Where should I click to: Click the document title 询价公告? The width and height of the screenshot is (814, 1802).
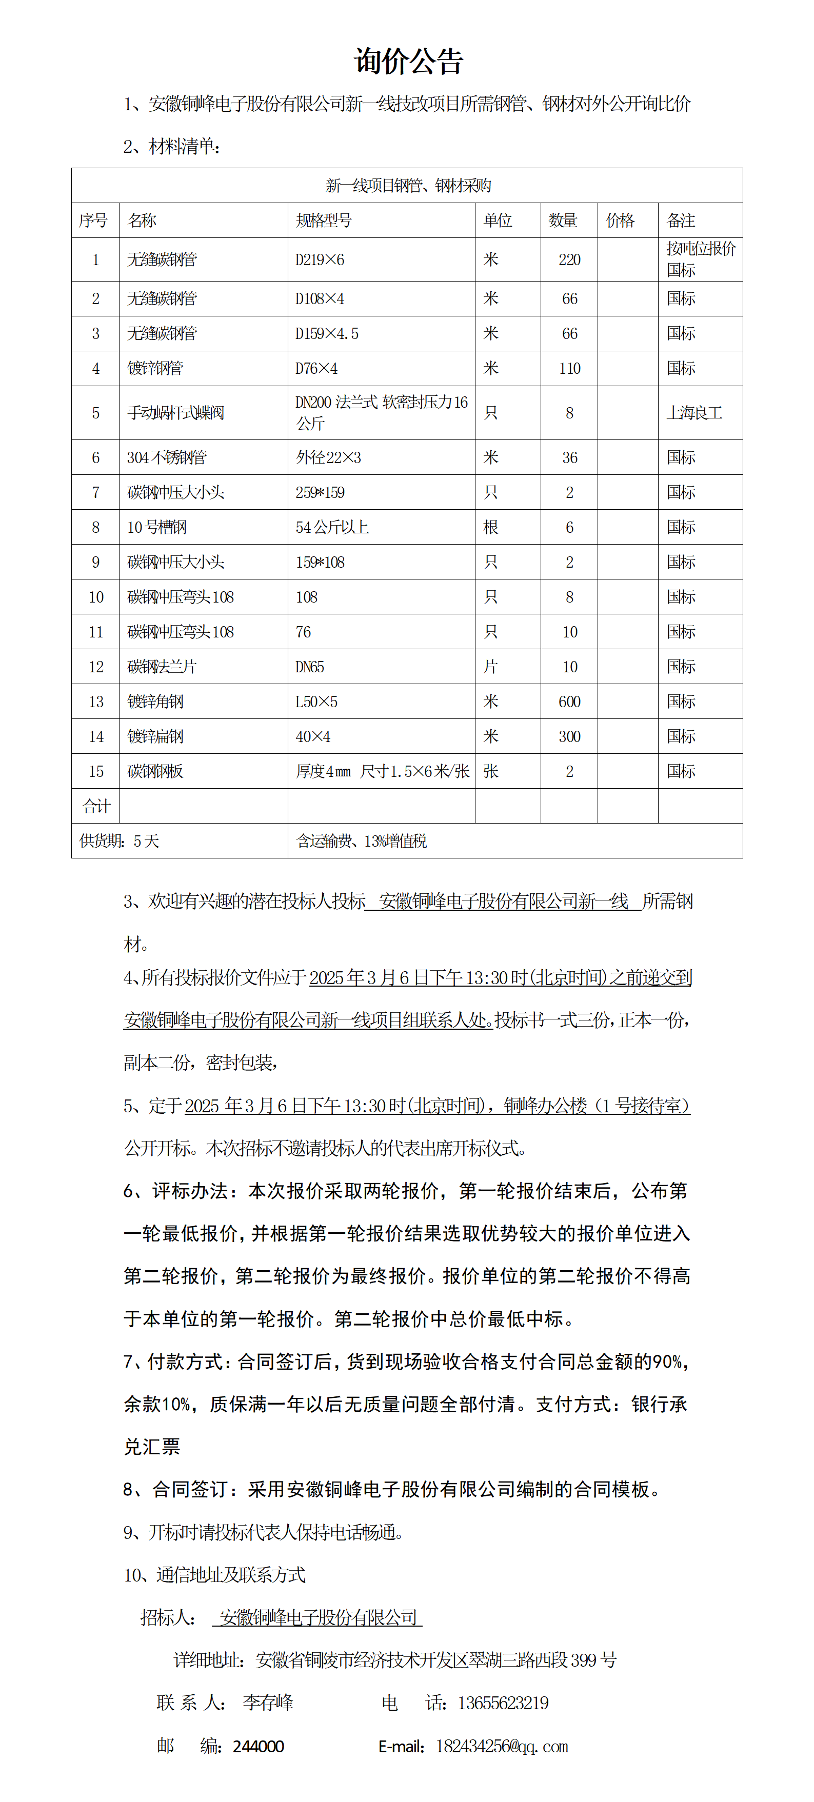tap(408, 62)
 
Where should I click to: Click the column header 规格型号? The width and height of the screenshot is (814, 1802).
tap(323, 221)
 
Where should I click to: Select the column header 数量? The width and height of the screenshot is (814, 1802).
tap(563, 221)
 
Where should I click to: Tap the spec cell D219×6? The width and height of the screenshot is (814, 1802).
tap(320, 259)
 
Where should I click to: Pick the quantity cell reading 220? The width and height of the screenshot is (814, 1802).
tap(569, 259)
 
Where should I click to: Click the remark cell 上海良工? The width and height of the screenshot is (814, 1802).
tap(694, 413)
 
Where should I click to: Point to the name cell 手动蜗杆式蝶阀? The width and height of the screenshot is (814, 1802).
tap(176, 413)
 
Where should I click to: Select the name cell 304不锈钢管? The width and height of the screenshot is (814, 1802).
tap(167, 457)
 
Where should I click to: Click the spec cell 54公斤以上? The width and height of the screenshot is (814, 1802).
tap(332, 528)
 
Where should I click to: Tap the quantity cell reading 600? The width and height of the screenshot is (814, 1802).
tap(569, 702)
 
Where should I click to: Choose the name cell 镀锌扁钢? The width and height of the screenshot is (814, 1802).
tap(155, 736)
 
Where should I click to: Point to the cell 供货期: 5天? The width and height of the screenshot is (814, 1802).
tap(119, 841)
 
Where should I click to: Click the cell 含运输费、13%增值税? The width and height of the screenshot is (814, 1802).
tap(361, 841)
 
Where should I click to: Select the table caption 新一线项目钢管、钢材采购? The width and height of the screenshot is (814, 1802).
tap(408, 185)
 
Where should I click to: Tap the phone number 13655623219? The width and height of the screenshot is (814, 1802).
tap(503, 1703)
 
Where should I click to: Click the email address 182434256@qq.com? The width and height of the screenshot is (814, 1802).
tap(501, 1746)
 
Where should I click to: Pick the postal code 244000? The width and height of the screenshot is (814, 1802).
tap(259, 1746)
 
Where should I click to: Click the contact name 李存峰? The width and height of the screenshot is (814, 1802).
tap(268, 1703)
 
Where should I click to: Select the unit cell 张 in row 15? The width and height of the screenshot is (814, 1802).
tap(491, 772)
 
